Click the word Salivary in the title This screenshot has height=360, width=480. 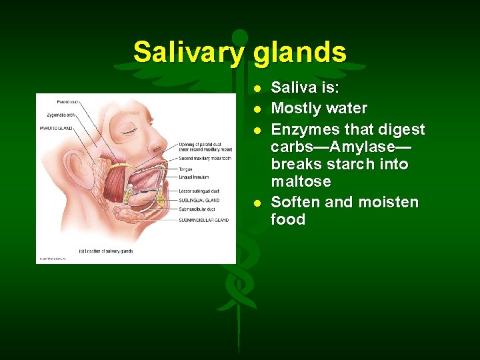[x=189, y=52]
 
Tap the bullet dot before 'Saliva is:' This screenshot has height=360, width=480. [x=258, y=88]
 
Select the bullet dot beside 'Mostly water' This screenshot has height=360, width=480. [x=258, y=108]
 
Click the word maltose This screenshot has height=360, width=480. [x=301, y=181]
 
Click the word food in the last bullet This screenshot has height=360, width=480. [x=288, y=219]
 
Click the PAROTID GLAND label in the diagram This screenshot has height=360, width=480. [x=56, y=128]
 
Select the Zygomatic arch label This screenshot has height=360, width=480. [x=57, y=115]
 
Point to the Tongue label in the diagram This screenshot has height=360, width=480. [x=185, y=169]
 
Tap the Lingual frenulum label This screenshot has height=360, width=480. [x=194, y=177]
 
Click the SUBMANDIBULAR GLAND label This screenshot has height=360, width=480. [x=203, y=220]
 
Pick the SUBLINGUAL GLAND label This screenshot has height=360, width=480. [x=199, y=200]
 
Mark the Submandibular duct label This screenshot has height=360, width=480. [x=196, y=209]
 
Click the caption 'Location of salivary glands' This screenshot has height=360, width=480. [x=107, y=251]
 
